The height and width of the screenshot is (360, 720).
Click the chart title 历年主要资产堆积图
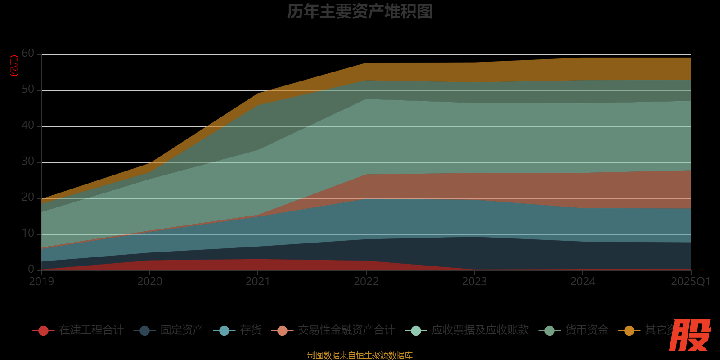click(360, 12)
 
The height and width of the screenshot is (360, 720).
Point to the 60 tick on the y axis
click(28, 54)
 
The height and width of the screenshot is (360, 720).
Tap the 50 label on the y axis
click(28, 90)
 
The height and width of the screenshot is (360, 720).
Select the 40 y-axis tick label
click(28, 126)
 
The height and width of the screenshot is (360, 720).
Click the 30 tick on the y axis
click(28, 162)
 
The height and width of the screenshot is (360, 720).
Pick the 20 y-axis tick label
click(28, 198)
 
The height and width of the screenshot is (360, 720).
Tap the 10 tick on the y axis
click(28, 234)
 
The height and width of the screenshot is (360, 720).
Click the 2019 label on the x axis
click(41, 282)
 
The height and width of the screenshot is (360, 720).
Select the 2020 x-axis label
click(150, 282)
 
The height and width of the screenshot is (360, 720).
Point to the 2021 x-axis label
click(258, 282)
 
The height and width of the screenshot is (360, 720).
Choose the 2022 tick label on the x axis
click(366, 282)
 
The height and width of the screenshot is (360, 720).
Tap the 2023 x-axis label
click(474, 282)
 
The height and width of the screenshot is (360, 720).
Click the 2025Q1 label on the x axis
click(690, 282)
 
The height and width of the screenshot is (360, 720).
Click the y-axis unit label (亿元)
click(14, 66)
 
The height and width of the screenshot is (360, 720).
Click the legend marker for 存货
click(224, 331)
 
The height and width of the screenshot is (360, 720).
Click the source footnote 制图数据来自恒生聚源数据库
click(360, 355)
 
